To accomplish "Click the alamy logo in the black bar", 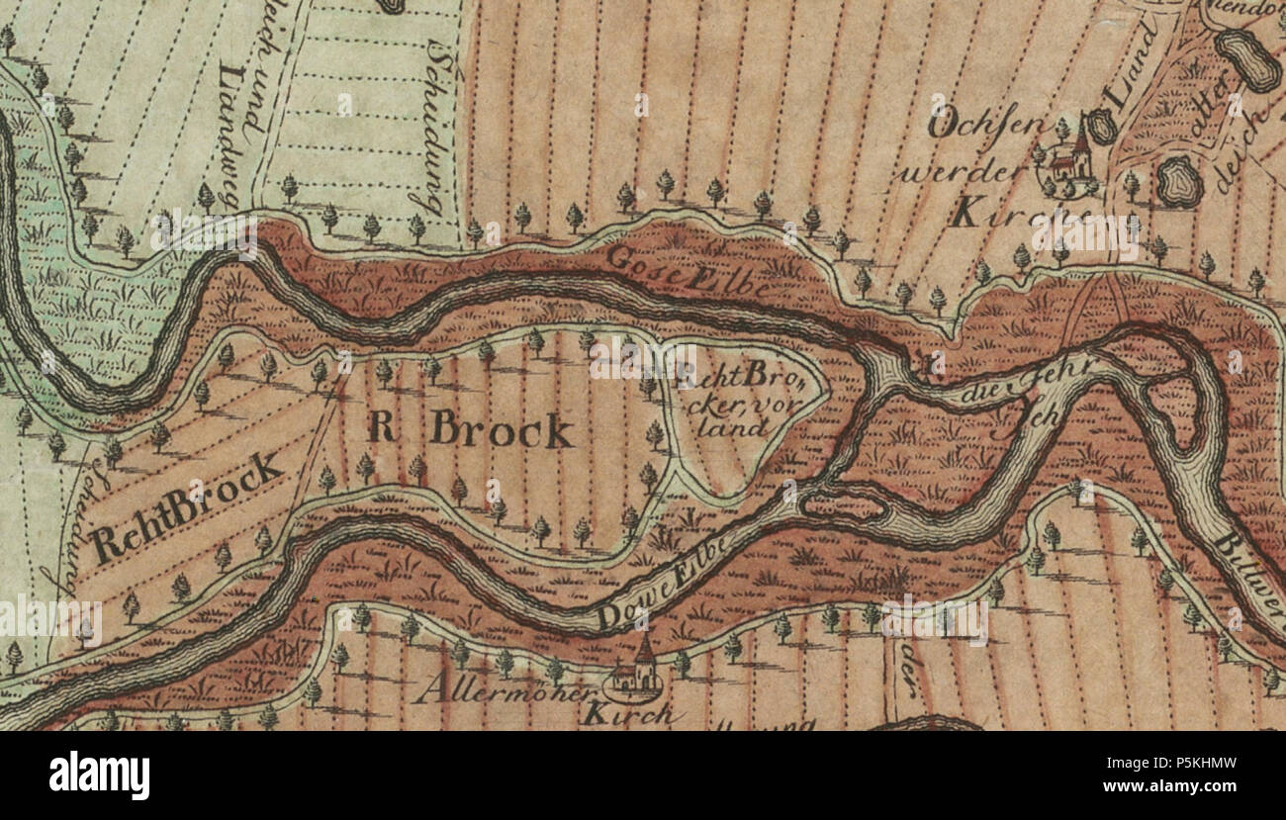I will [99, 772].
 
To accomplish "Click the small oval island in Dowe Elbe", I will [842, 507].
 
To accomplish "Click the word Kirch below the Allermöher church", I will [629, 713].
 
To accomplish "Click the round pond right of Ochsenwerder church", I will [1178, 181].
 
